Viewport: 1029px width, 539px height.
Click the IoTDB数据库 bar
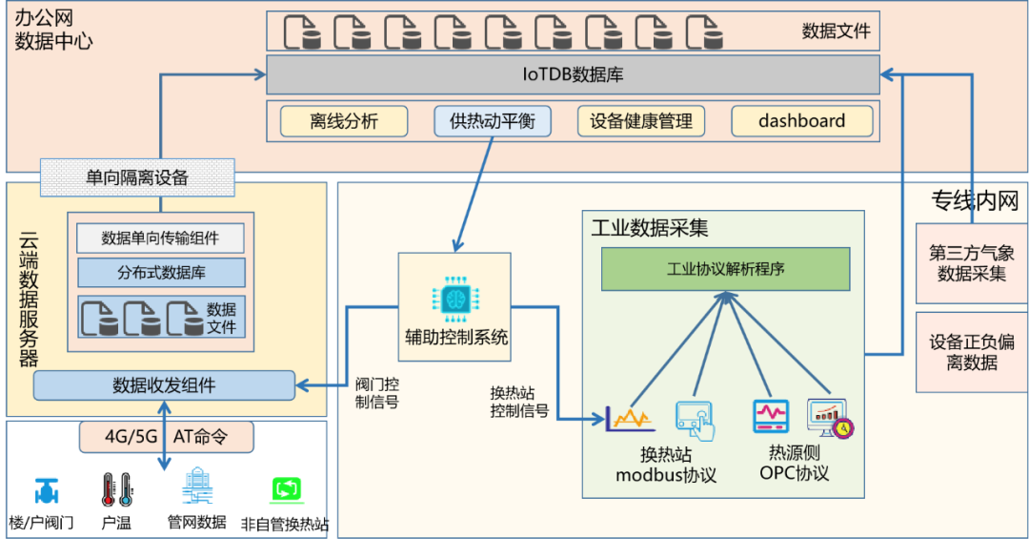point(573,74)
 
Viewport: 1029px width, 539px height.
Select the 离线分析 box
point(344,121)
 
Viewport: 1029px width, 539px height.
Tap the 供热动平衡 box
point(493,121)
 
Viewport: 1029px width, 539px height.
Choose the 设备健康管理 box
point(641,121)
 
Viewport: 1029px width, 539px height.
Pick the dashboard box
point(801,121)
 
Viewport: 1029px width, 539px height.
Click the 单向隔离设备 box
point(137,177)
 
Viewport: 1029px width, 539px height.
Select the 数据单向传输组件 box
point(160,238)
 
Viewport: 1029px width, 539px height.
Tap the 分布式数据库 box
point(160,272)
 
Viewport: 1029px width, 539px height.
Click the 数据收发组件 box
point(164,385)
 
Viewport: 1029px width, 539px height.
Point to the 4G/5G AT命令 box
point(167,438)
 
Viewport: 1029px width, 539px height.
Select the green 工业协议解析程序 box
point(725,269)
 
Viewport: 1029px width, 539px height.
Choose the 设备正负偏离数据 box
point(971,352)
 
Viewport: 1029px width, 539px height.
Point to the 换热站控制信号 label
point(519,402)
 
